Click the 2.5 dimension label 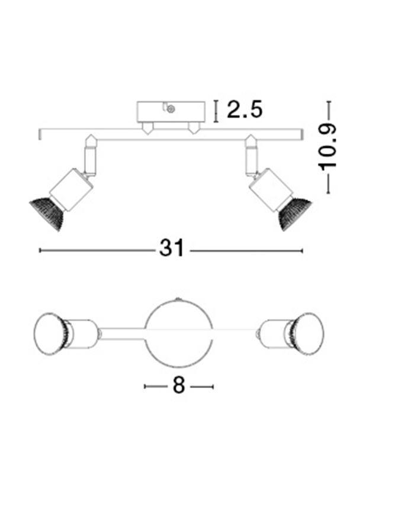[245, 109]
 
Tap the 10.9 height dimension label [327, 147]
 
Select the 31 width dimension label [171, 248]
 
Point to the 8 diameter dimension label [179, 386]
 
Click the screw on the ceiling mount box [171, 108]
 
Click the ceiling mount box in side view [171, 112]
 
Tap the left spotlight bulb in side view [47, 213]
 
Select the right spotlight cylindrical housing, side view [271, 190]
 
